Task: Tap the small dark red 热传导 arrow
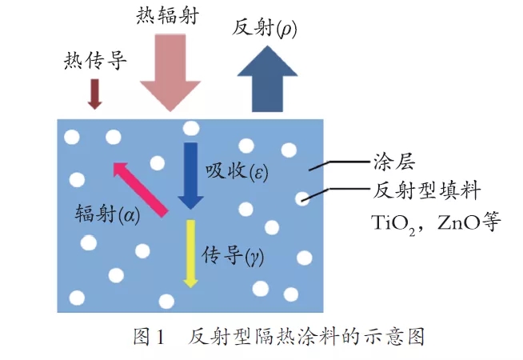tap(95, 93)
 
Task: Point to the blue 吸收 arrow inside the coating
tap(191, 174)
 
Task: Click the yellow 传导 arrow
tap(190, 251)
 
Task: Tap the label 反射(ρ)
tap(263, 27)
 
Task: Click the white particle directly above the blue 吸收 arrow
tap(190, 128)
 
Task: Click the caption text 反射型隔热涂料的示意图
tap(306, 337)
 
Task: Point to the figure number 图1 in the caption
tap(148, 337)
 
